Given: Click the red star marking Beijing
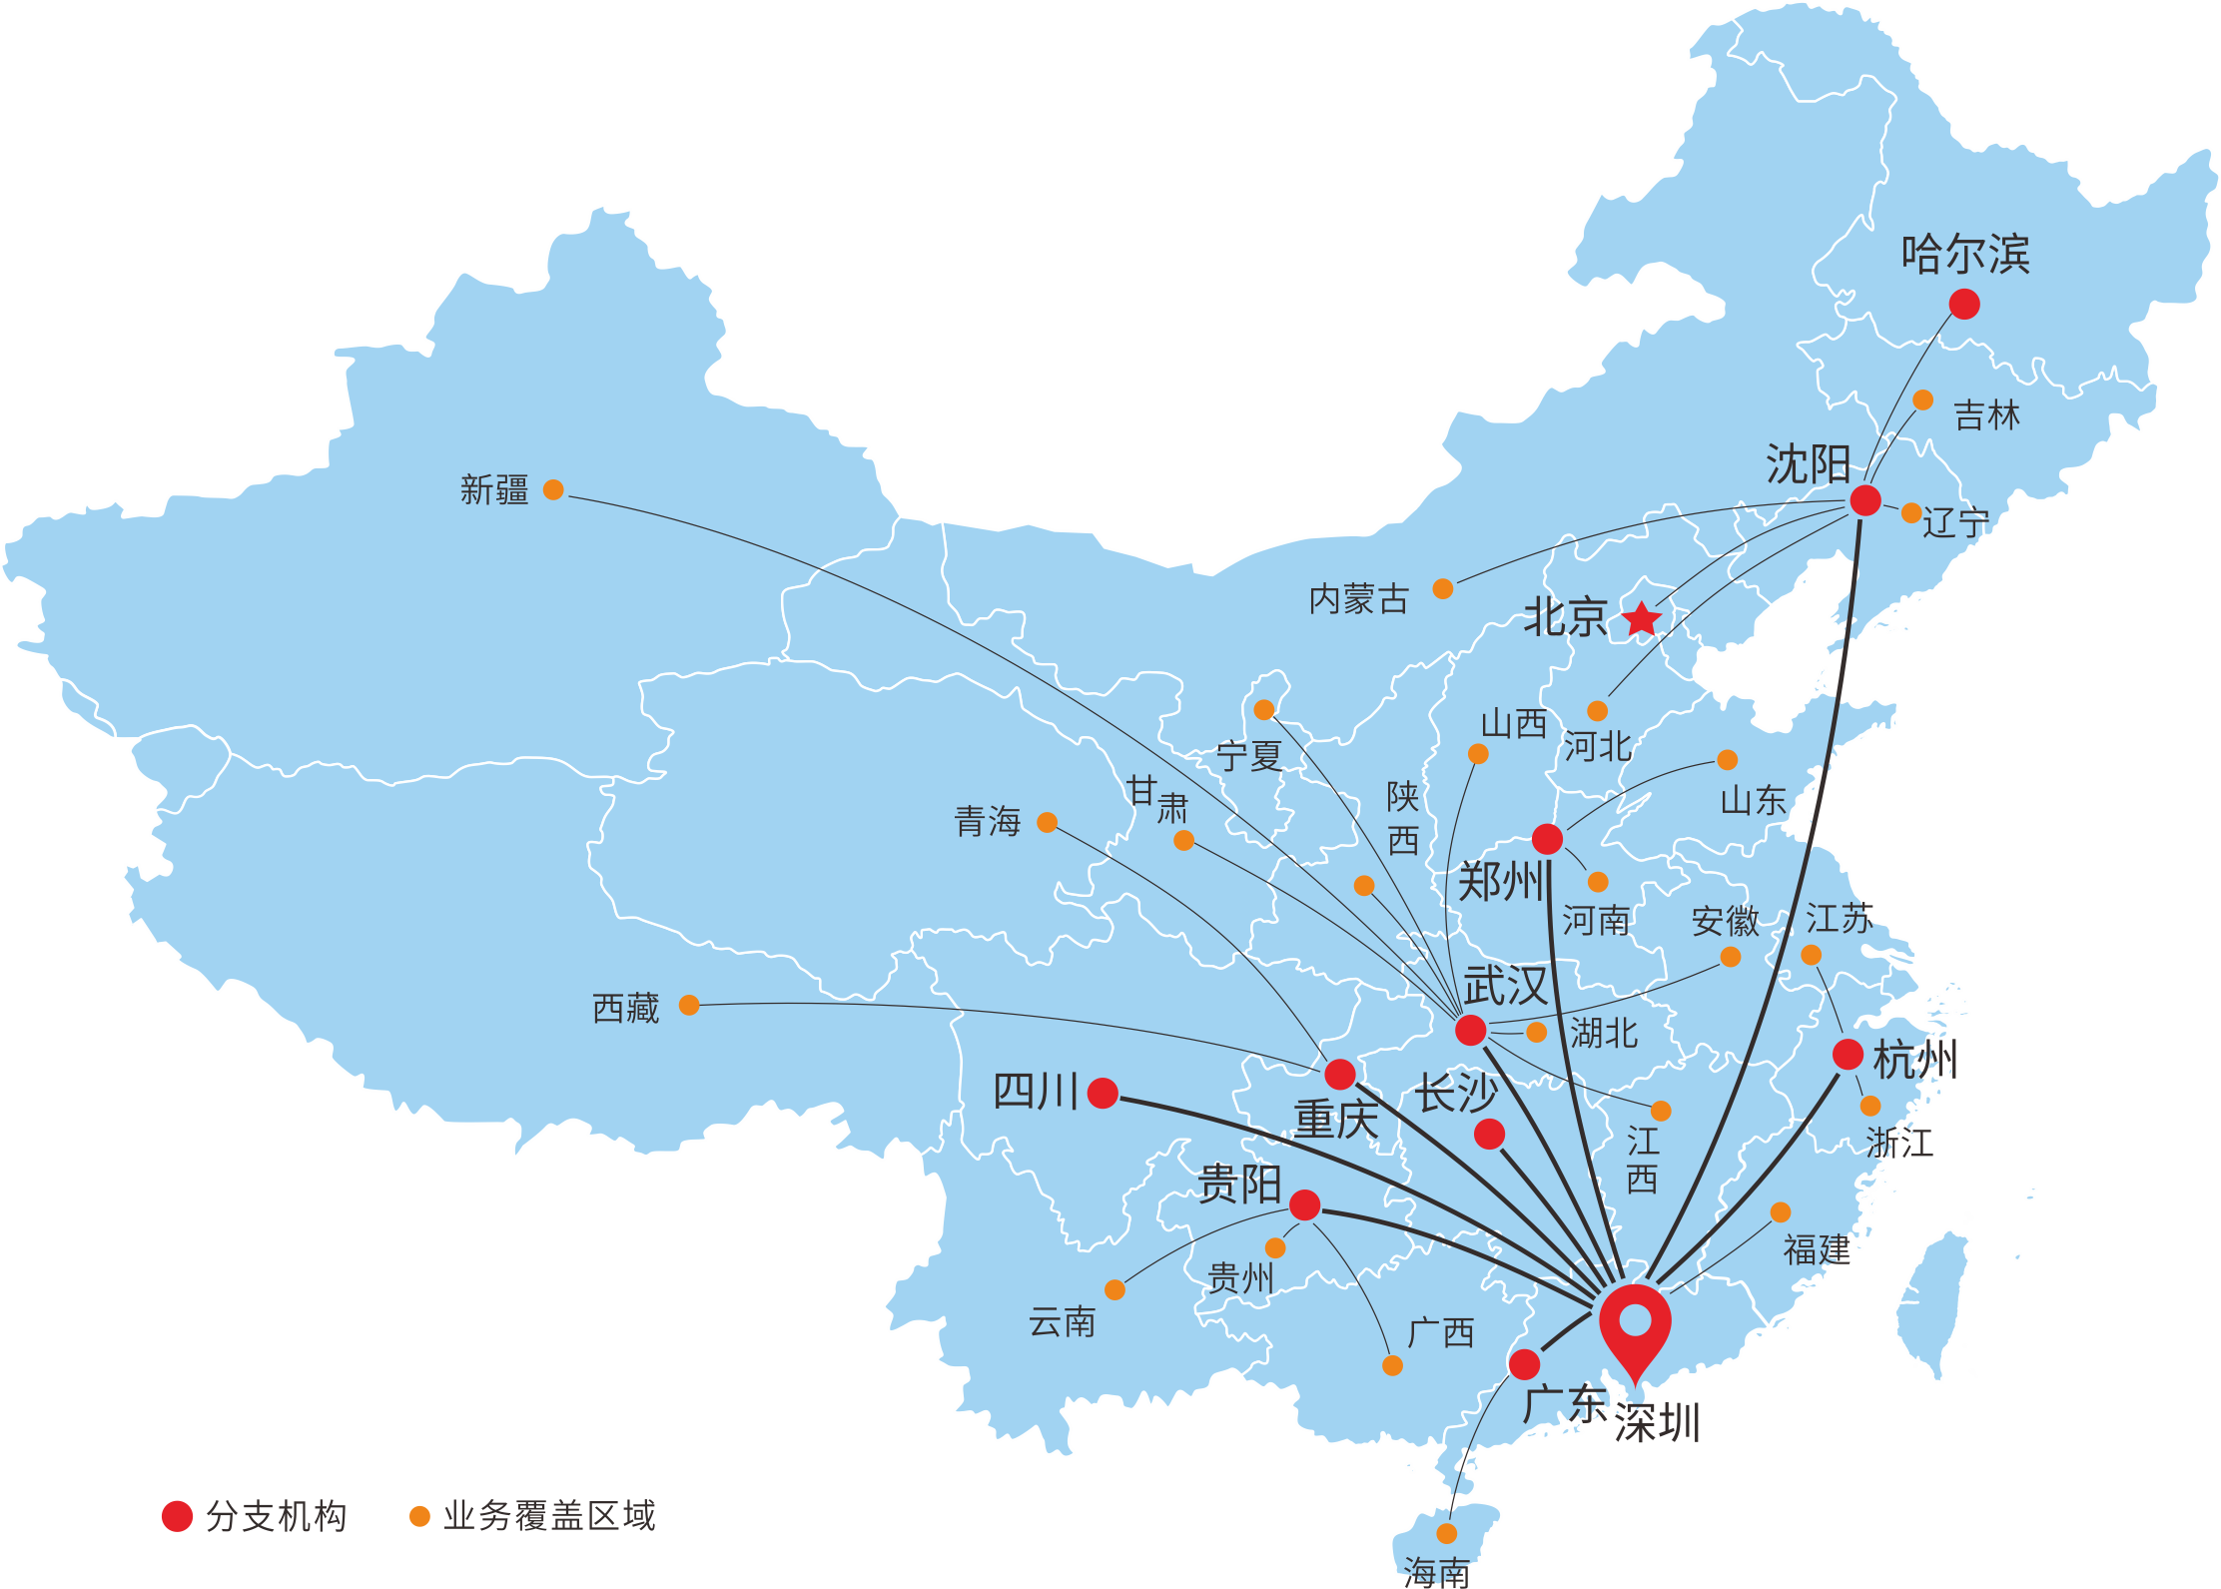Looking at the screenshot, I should (1641, 619).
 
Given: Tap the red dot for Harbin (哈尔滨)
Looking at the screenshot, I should (1963, 304).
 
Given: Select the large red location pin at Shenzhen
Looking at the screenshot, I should (1635, 1323).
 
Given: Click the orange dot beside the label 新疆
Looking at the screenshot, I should (553, 489).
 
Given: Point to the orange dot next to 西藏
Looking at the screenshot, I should (689, 1005).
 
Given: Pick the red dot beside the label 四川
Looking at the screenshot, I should (1103, 1093).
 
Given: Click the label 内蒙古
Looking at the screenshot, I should (1358, 599).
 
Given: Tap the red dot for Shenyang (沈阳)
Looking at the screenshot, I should (1864, 500).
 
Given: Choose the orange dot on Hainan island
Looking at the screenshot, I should (1446, 1533).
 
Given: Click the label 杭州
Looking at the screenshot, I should (1915, 1060).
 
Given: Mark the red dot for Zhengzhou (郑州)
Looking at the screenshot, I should (1547, 839).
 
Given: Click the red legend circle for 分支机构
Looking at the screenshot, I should (177, 1516).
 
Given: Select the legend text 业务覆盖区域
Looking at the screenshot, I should (549, 1516).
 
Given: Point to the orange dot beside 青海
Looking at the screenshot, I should (1047, 822).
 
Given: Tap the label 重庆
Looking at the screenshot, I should (1335, 1119).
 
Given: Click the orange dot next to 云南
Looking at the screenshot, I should (1114, 1289).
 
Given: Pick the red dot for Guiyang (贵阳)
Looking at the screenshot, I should (1304, 1204).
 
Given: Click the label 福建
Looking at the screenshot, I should (1817, 1249).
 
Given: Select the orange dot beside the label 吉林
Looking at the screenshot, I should (1922, 400).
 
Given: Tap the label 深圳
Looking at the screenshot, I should (1658, 1422).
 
